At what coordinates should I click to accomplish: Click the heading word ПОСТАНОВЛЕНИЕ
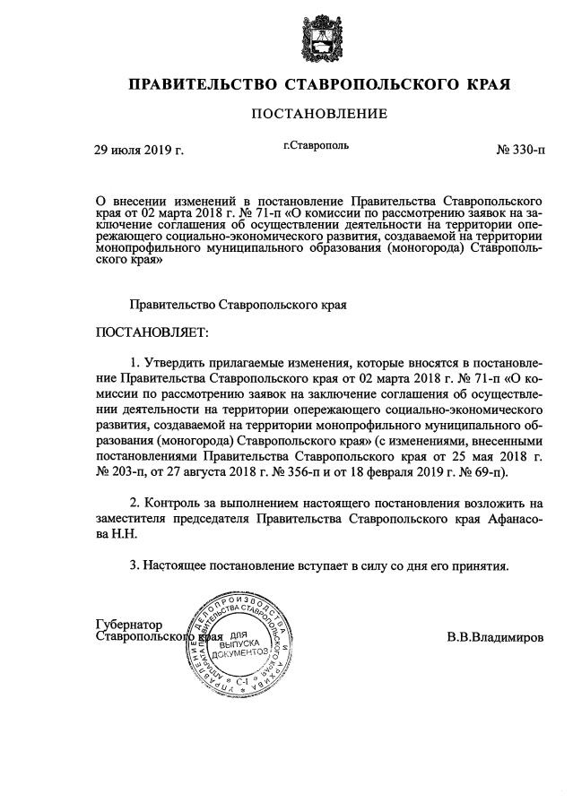click(318, 114)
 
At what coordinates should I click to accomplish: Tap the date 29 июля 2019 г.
click(139, 150)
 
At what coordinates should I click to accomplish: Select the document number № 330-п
click(519, 150)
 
